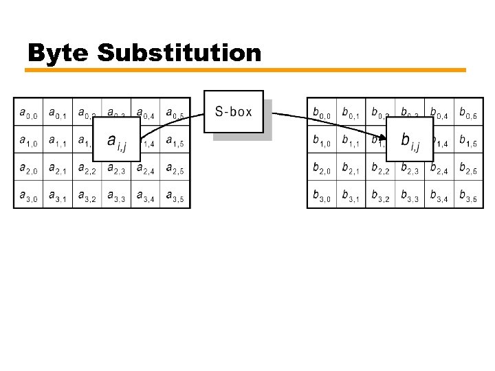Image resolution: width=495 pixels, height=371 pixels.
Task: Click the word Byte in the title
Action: pos(58,53)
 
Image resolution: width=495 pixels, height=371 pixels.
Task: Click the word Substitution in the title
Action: pos(179,52)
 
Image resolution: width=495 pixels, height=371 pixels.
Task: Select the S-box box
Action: pos(234,111)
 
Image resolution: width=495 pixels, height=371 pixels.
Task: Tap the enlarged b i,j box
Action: pos(410,140)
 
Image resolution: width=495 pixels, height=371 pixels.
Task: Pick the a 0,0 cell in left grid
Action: pos(28,111)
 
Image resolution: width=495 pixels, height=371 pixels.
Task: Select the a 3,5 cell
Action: pos(175,195)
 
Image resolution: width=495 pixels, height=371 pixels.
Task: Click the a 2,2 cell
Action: pos(87,168)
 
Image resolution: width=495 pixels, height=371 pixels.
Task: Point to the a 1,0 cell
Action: pos(28,140)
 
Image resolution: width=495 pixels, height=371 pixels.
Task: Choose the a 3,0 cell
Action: pos(28,195)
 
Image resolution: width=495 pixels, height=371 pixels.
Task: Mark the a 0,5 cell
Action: pos(175,111)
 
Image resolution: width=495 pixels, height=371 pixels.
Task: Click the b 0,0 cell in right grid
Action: pos(321,111)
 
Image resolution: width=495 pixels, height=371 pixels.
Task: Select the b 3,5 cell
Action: pos(467,195)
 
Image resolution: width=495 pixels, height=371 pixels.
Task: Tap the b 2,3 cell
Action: pos(409,168)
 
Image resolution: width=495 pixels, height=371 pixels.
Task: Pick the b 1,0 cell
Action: pos(321,140)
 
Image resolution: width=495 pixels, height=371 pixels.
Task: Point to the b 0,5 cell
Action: pos(467,111)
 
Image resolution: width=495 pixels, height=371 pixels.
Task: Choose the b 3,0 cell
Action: pos(321,195)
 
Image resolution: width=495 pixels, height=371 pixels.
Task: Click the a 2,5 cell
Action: pos(175,168)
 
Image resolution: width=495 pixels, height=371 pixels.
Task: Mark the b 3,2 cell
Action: pos(379,195)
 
